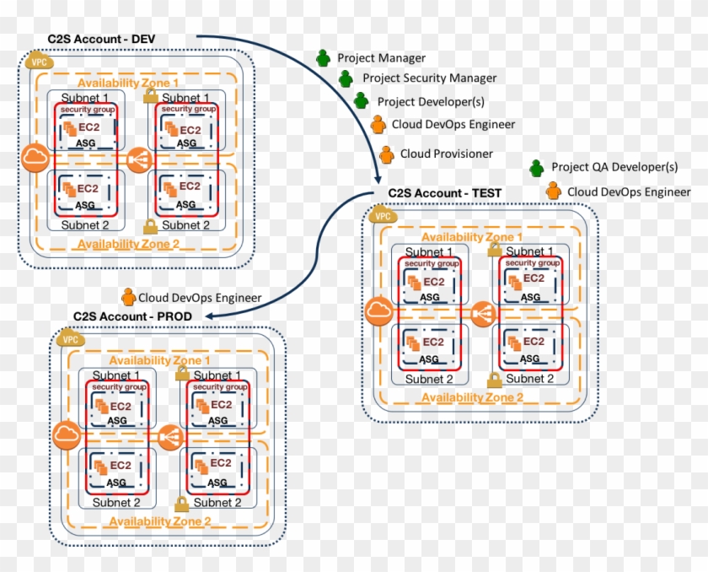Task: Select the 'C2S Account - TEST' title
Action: pos(444,193)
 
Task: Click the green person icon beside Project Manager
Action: pos(323,58)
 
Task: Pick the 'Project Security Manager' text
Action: pos(429,78)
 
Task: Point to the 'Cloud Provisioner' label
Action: pos(446,154)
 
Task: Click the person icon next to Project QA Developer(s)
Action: pos(537,167)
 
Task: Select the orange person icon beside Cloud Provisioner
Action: pos(386,154)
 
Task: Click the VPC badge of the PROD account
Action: pos(71,339)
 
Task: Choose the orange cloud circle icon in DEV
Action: pos(35,158)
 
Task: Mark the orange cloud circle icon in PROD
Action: pos(66,436)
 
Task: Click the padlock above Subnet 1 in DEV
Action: pos(150,94)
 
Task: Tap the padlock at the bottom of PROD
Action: pos(180,505)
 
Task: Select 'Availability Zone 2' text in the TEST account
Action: pos(472,397)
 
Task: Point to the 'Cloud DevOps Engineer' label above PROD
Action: pos(200,297)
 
